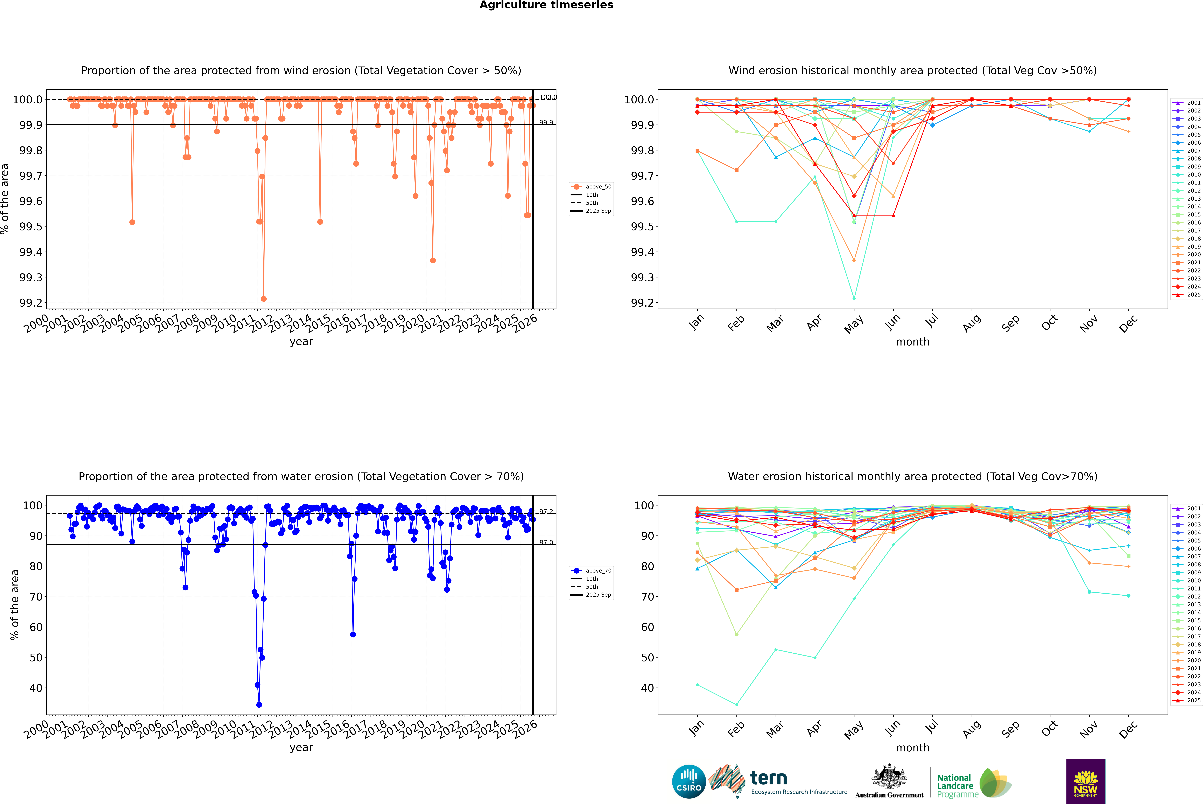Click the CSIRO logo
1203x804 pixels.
[x=689, y=781]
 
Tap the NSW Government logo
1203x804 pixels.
[x=1086, y=781]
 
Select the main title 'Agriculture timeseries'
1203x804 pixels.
[x=546, y=5]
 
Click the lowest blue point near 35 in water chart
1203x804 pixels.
[x=259, y=704]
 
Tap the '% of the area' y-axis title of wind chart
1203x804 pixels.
[x=5, y=199]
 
